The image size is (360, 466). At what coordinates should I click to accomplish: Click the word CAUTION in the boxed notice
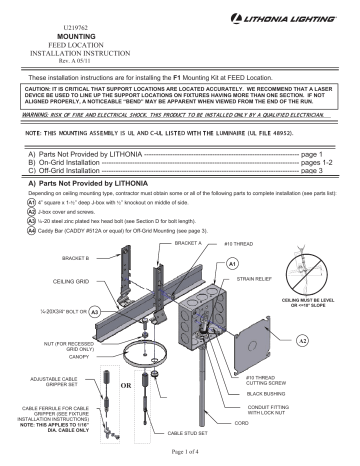click(x=41, y=90)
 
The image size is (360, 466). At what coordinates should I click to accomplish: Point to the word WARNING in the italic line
click(x=39, y=115)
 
